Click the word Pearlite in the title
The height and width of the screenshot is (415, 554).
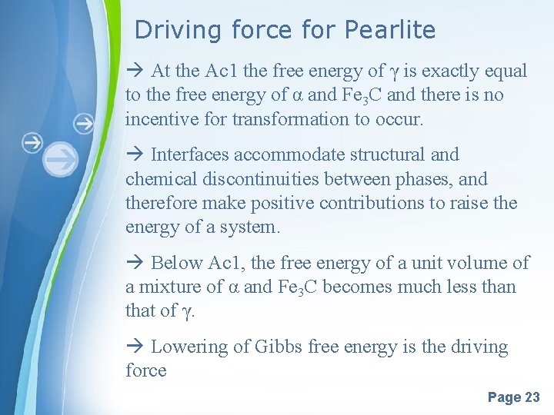point(390,31)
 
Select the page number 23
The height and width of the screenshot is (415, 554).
point(532,397)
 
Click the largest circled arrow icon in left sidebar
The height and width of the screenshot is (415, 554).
point(61,159)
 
